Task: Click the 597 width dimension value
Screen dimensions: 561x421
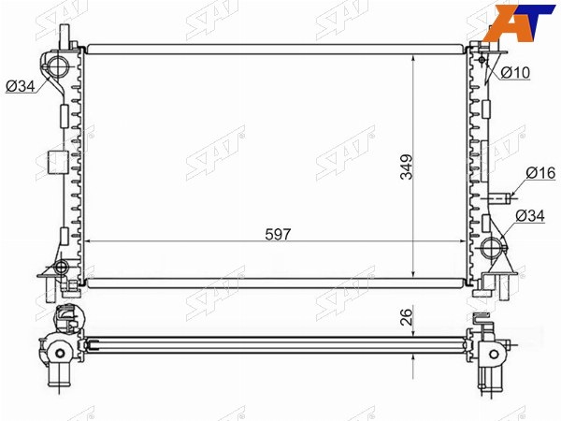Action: click(x=278, y=234)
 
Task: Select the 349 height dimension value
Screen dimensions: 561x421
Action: click(x=407, y=167)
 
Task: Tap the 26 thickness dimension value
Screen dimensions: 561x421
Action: click(x=407, y=317)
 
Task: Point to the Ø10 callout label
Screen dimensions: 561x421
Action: click(x=515, y=73)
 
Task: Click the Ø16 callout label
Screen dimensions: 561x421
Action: click(x=541, y=173)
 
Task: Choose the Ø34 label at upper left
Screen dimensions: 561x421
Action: click(x=21, y=86)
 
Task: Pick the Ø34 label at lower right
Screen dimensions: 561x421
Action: click(x=530, y=215)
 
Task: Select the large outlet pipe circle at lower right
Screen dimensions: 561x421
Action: click(x=490, y=247)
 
